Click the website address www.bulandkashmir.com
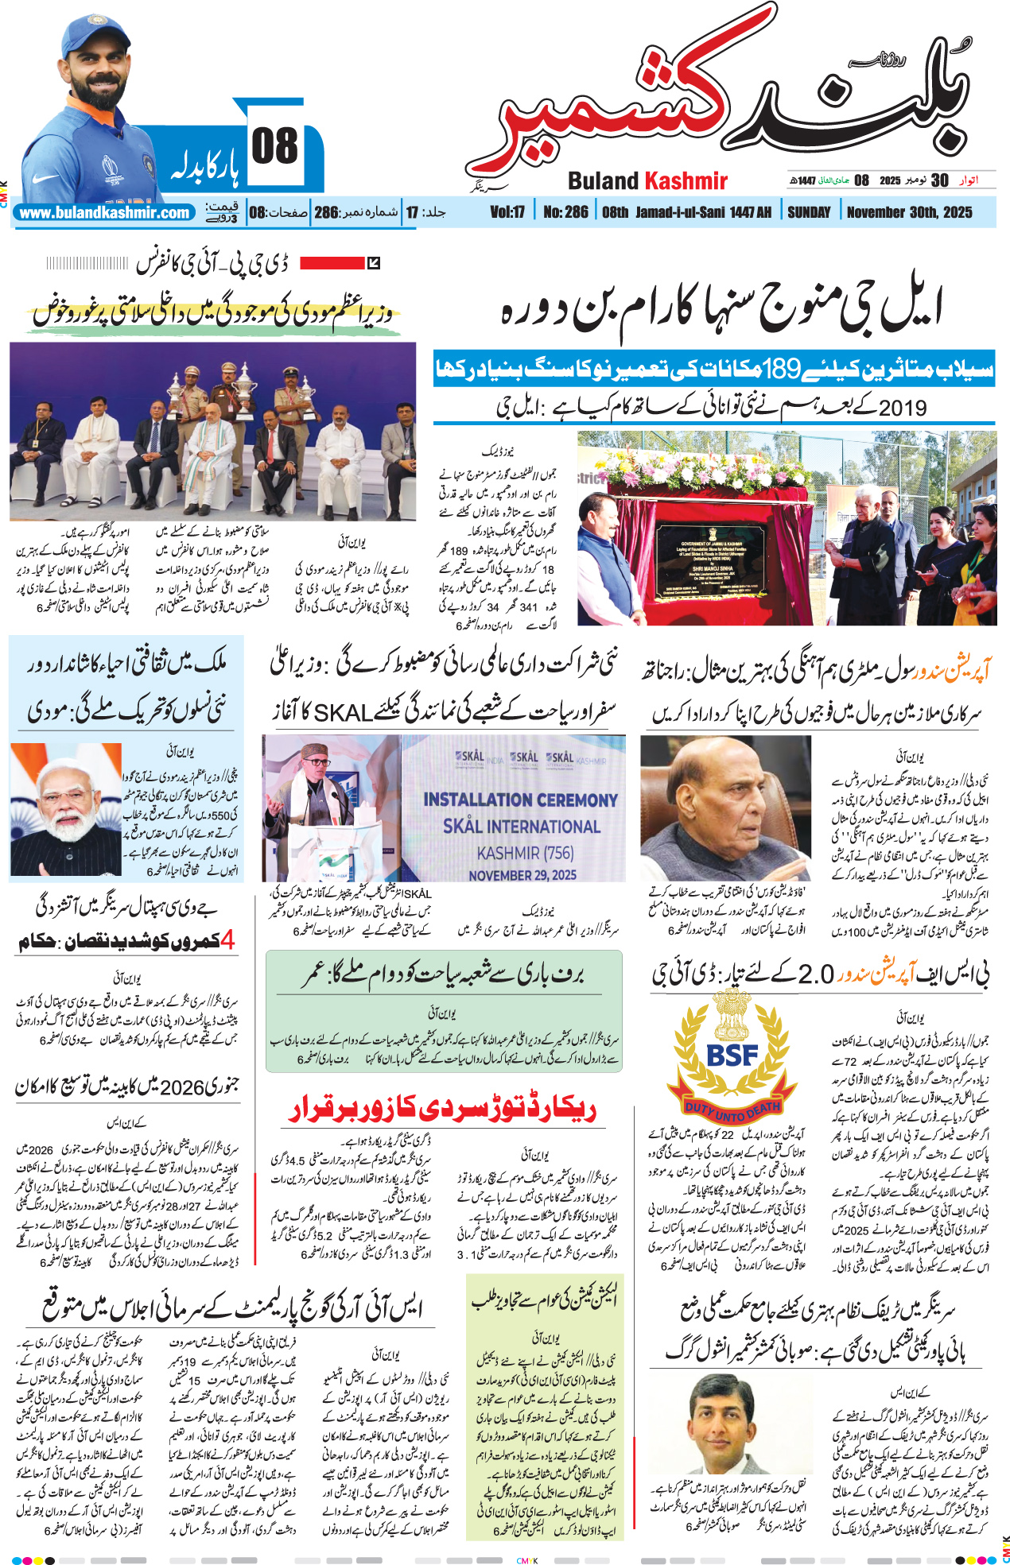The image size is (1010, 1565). pyautogui.click(x=104, y=213)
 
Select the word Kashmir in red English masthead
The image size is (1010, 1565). pyautogui.click(x=686, y=181)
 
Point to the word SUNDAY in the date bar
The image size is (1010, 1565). pyautogui.click(x=808, y=212)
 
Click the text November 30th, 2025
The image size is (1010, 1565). pyautogui.click(x=909, y=212)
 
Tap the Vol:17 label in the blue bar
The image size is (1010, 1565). pyautogui.click(x=507, y=212)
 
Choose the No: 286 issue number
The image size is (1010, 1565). pyautogui.click(x=565, y=212)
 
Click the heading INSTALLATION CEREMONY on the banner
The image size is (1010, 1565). pyautogui.click(x=520, y=800)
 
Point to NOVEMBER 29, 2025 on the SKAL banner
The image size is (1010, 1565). pyautogui.click(x=522, y=875)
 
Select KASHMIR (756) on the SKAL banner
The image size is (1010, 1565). pyautogui.click(x=525, y=853)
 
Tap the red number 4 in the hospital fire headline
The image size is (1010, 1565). pyautogui.click(x=227, y=941)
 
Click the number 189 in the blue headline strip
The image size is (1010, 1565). pyautogui.click(x=783, y=370)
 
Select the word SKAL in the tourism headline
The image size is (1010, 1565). pyautogui.click(x=343, y=713)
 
